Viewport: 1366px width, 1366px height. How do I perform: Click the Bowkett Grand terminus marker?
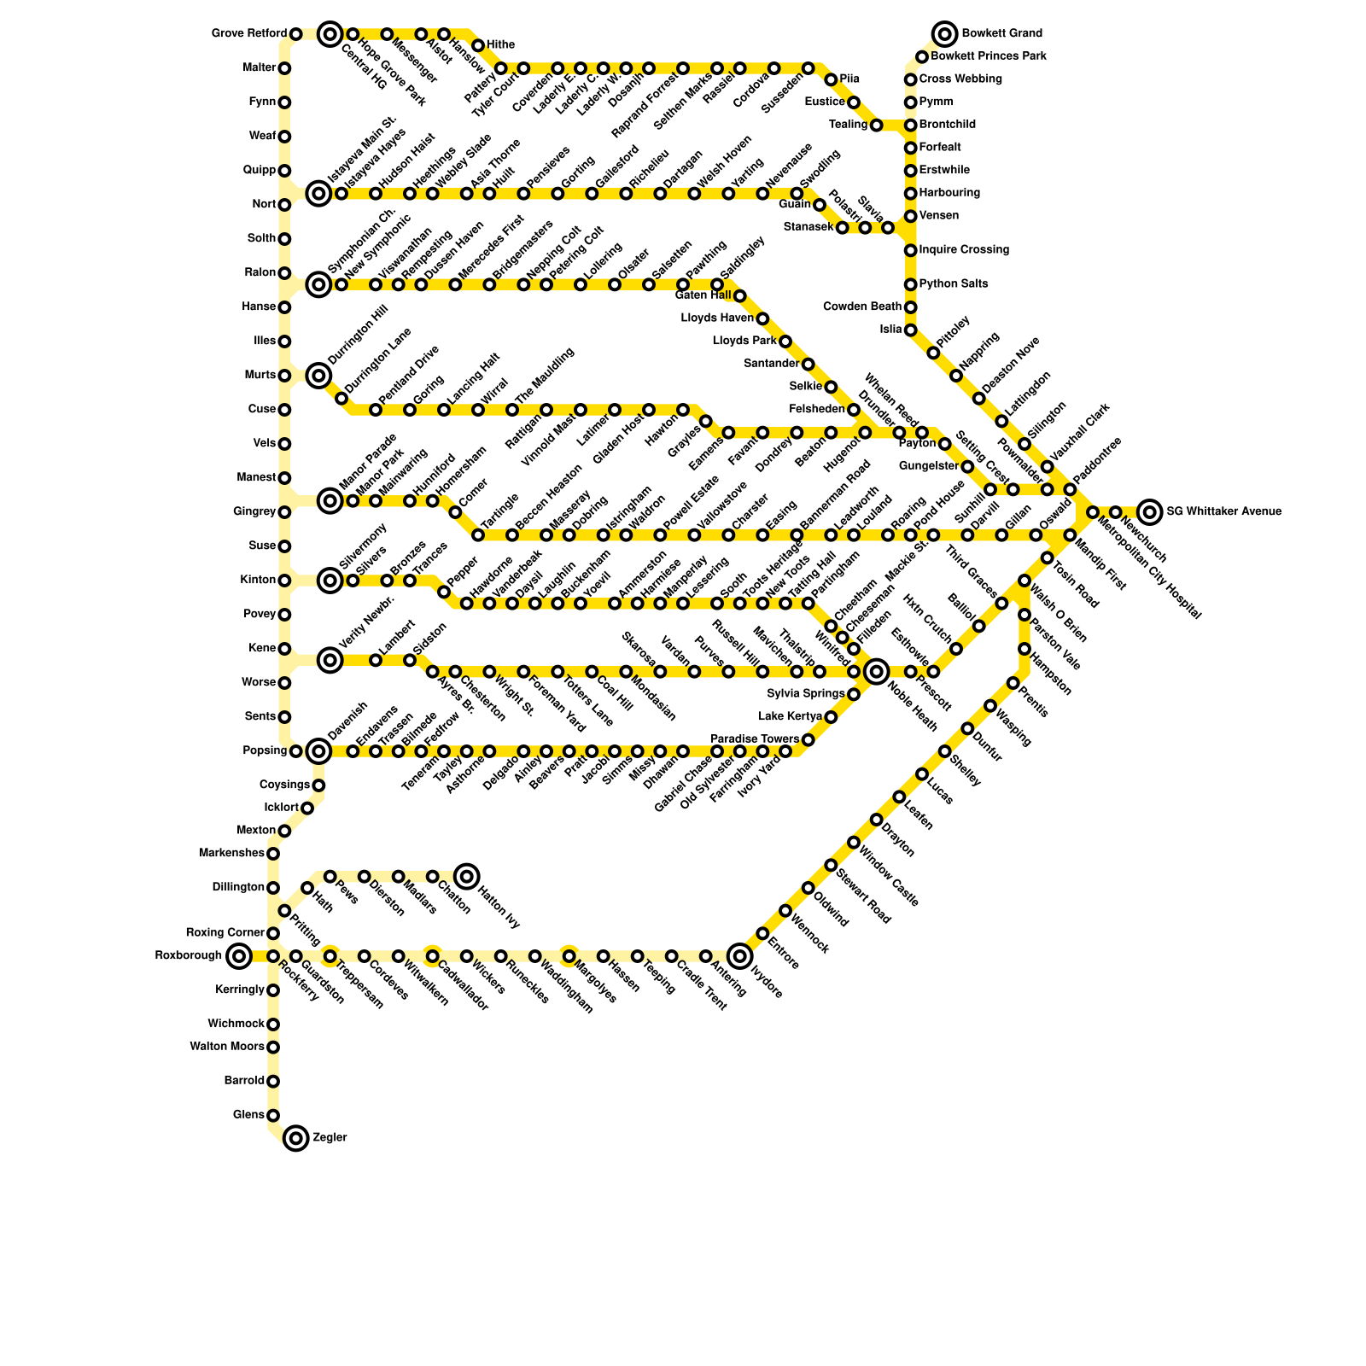[x=944, y=34]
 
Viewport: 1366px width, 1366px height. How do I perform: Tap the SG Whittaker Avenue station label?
[x=1223, y=512]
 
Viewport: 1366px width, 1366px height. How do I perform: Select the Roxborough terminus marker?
[x=240, y=956]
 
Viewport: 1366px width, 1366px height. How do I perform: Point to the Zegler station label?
[x=330, y=1138]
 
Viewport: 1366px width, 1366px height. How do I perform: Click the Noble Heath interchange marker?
[x=876, y=672]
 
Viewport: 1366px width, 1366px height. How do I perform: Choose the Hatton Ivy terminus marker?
[x=466, y=876]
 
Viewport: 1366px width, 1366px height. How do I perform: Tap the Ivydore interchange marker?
[x=739, y=956]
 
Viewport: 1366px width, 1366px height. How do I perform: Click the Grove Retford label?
[x=248, y=34]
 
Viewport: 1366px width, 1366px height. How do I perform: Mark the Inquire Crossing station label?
[x=964, y=250]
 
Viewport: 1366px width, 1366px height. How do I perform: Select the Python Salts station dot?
[x=910, y=284]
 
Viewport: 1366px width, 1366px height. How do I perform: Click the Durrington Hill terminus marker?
[x=318, y=375]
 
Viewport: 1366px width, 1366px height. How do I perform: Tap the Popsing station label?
[x=265, y=751]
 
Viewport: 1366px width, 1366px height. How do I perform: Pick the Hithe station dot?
[x=478, y=45]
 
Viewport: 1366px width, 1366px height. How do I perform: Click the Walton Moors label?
[x=227, y=1047]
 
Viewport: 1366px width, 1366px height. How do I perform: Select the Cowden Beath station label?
[x=862, y=307]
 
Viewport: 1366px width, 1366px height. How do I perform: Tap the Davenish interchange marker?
[x=318, y=751]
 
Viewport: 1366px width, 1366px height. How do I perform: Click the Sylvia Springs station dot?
[x=853, y=694]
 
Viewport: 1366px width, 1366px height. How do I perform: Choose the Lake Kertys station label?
[x=790, y=717]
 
